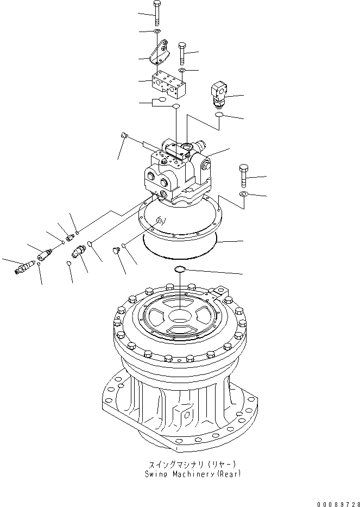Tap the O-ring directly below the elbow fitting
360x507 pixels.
[x=218, y=115]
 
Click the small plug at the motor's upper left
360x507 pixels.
[x=124, y=135]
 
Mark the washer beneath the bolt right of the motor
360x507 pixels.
[x=243, y=194]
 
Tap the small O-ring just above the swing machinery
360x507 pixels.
[x=179, y=270]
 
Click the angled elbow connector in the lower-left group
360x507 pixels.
[x=78, y=253]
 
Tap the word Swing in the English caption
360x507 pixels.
[x=157, y=474]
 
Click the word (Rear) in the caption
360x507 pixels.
[x=228, y=474]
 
